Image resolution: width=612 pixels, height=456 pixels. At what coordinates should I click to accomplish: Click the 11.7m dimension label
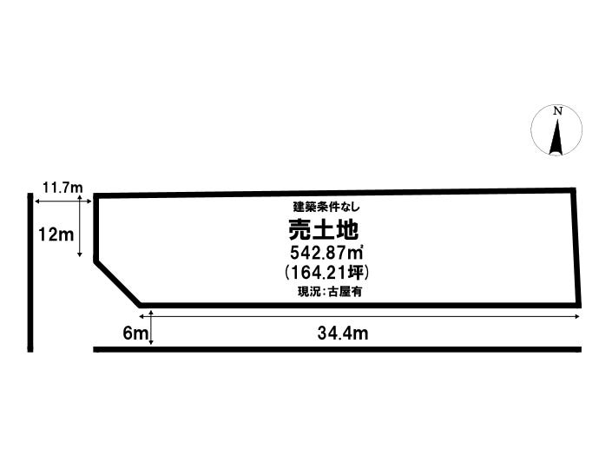point(62,187)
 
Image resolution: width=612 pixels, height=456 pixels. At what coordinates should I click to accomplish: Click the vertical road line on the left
point(30,273)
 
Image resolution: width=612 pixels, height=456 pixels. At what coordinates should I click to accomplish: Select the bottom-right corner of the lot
point(577,305)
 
